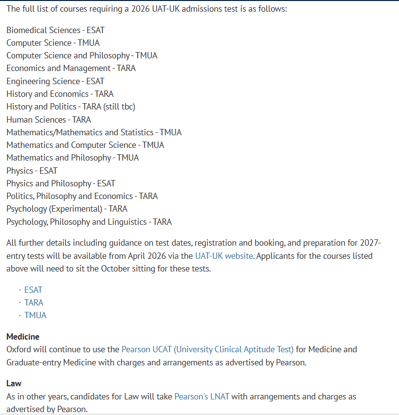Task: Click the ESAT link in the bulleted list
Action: (x=33, y=290)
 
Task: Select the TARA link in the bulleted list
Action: (x=34, y=303)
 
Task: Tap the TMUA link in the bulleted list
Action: (x=36, y=315)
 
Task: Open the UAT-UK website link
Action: (x=224, y=256)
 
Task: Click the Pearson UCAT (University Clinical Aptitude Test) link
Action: (x=208, y=349)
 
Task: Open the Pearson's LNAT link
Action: (x=201, y=397)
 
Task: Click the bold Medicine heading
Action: (x=23, y=337)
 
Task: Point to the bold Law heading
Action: (x=14, y=383)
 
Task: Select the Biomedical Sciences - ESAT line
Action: (x=55, y=30)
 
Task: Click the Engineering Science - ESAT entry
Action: (x=55, y=81)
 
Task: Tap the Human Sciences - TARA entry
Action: (x=49, y=120)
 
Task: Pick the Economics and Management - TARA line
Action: (x=71, y=69)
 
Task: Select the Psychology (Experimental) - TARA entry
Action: (x=67, y=209)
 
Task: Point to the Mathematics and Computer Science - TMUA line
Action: (x=85, y=145)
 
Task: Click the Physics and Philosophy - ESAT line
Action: (x=61, y=183)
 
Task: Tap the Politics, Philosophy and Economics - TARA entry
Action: (x=82, y=196)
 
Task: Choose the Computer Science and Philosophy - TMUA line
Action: (x=82, y=55)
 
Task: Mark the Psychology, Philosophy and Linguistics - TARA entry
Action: (x=89, y=222)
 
